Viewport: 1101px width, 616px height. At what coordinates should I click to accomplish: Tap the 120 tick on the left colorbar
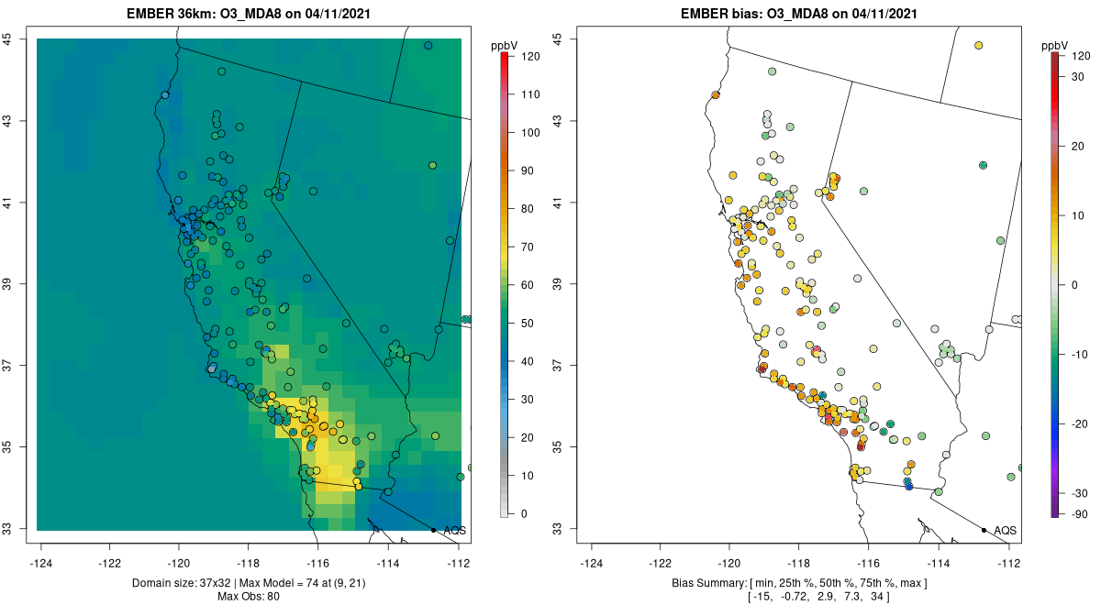coord(529,56)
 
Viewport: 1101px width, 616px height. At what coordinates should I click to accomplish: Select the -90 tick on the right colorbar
coord(1079,513)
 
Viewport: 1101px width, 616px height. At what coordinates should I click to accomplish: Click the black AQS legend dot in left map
coord(433,530)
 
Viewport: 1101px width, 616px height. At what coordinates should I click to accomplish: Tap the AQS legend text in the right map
coord(1005,530)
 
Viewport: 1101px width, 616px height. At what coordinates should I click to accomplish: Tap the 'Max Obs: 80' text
coord(249,597)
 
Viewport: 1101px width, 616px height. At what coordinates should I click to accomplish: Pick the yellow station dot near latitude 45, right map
coord(979,46)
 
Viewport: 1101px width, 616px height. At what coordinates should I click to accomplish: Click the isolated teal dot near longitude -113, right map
coord(983,165)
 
